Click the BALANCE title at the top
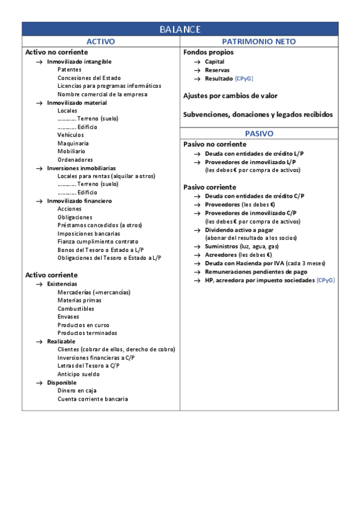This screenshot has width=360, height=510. coord(180,29)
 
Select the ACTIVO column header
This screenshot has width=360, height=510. coord(101,41)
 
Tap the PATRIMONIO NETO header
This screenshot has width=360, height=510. coord(258,41)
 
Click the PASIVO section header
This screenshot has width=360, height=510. coord(258,134)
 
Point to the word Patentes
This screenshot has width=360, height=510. coord(70,70)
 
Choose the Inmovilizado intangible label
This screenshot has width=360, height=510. coord(79,61)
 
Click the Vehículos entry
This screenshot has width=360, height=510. coord(71,135)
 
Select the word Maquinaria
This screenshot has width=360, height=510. coord(73,144)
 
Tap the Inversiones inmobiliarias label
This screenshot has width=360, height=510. coord(82,168)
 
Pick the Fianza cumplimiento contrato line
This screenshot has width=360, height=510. coord(97,242)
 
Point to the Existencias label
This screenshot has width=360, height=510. coord(62,284)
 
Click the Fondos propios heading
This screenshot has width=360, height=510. coord(209,52)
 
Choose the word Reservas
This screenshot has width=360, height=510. coord(217,70)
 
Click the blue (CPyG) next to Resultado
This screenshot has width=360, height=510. coord(245,79)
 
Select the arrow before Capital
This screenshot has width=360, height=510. coord(197,62)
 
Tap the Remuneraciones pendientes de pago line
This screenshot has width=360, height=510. coord(256,272)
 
